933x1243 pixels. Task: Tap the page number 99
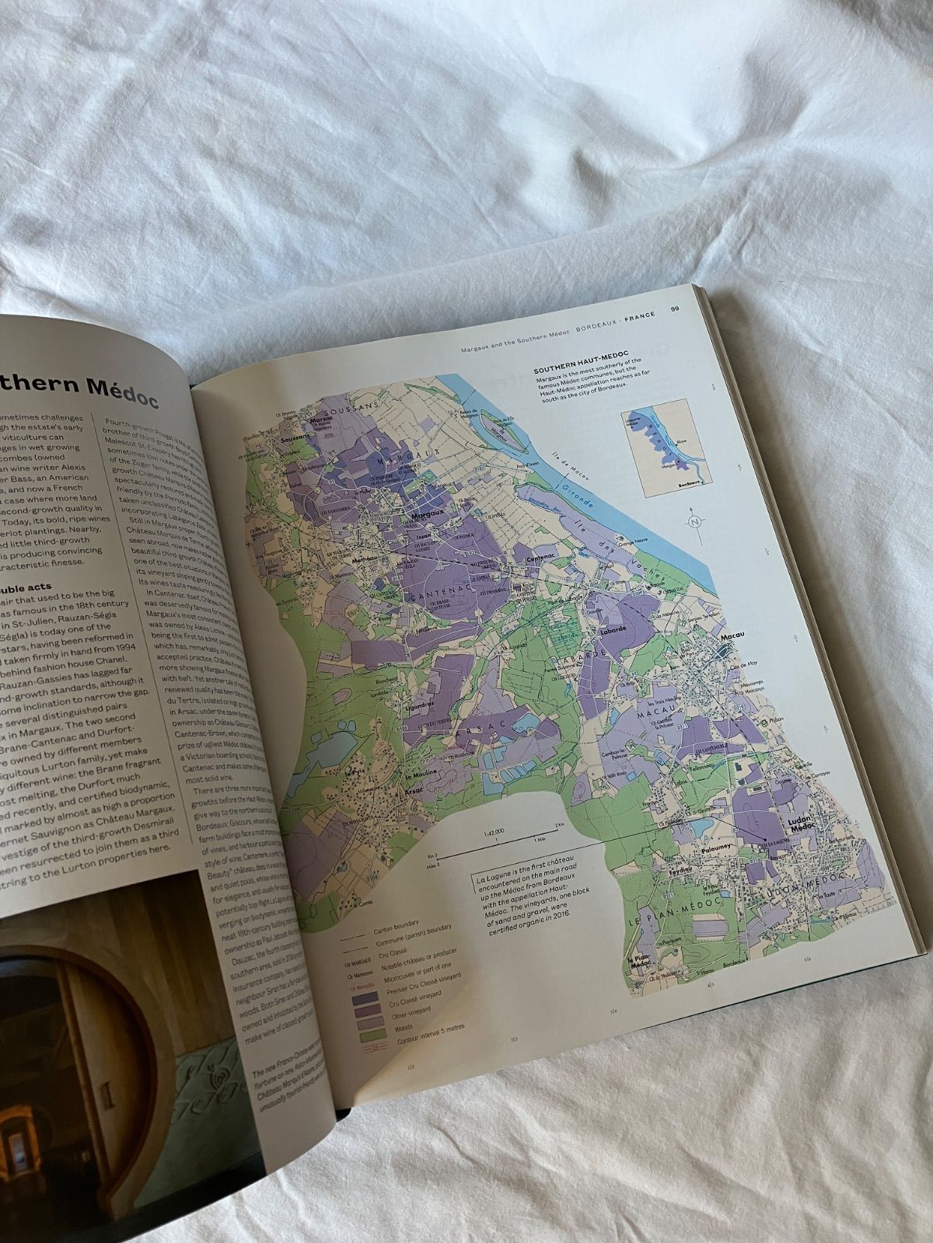pos(676,309)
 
